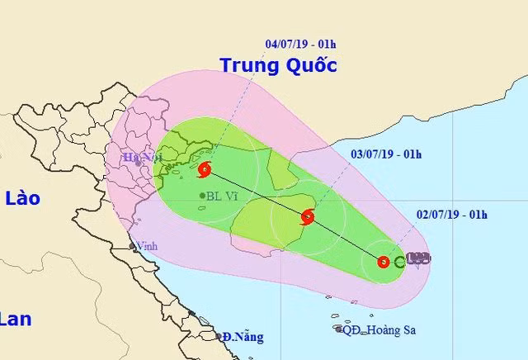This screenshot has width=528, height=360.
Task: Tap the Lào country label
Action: (22, 198)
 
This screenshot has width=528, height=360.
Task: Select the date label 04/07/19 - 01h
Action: (297, 46)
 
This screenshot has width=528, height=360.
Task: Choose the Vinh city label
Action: (148, 246)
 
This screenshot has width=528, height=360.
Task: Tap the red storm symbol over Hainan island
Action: (308, 217)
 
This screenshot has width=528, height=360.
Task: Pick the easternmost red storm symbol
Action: (383, 262)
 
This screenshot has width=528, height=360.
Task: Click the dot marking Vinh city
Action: (132, 246)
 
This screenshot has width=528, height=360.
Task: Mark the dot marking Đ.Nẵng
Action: (221, 337)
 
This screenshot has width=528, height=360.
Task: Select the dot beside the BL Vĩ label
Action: (203, 196)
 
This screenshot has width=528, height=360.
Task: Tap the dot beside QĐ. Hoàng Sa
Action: (339, 329)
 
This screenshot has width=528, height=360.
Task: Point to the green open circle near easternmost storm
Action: (399, 262)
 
